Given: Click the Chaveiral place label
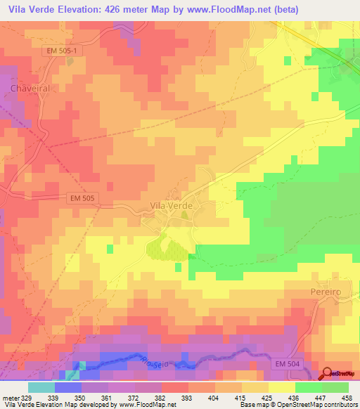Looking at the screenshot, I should click(x=30, y=88).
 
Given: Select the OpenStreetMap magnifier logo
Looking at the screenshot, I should click(x=328, y=374).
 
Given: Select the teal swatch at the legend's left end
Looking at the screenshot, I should click(x=41, y=387).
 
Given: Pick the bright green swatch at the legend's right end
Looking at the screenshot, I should click(x=335, y=387).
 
